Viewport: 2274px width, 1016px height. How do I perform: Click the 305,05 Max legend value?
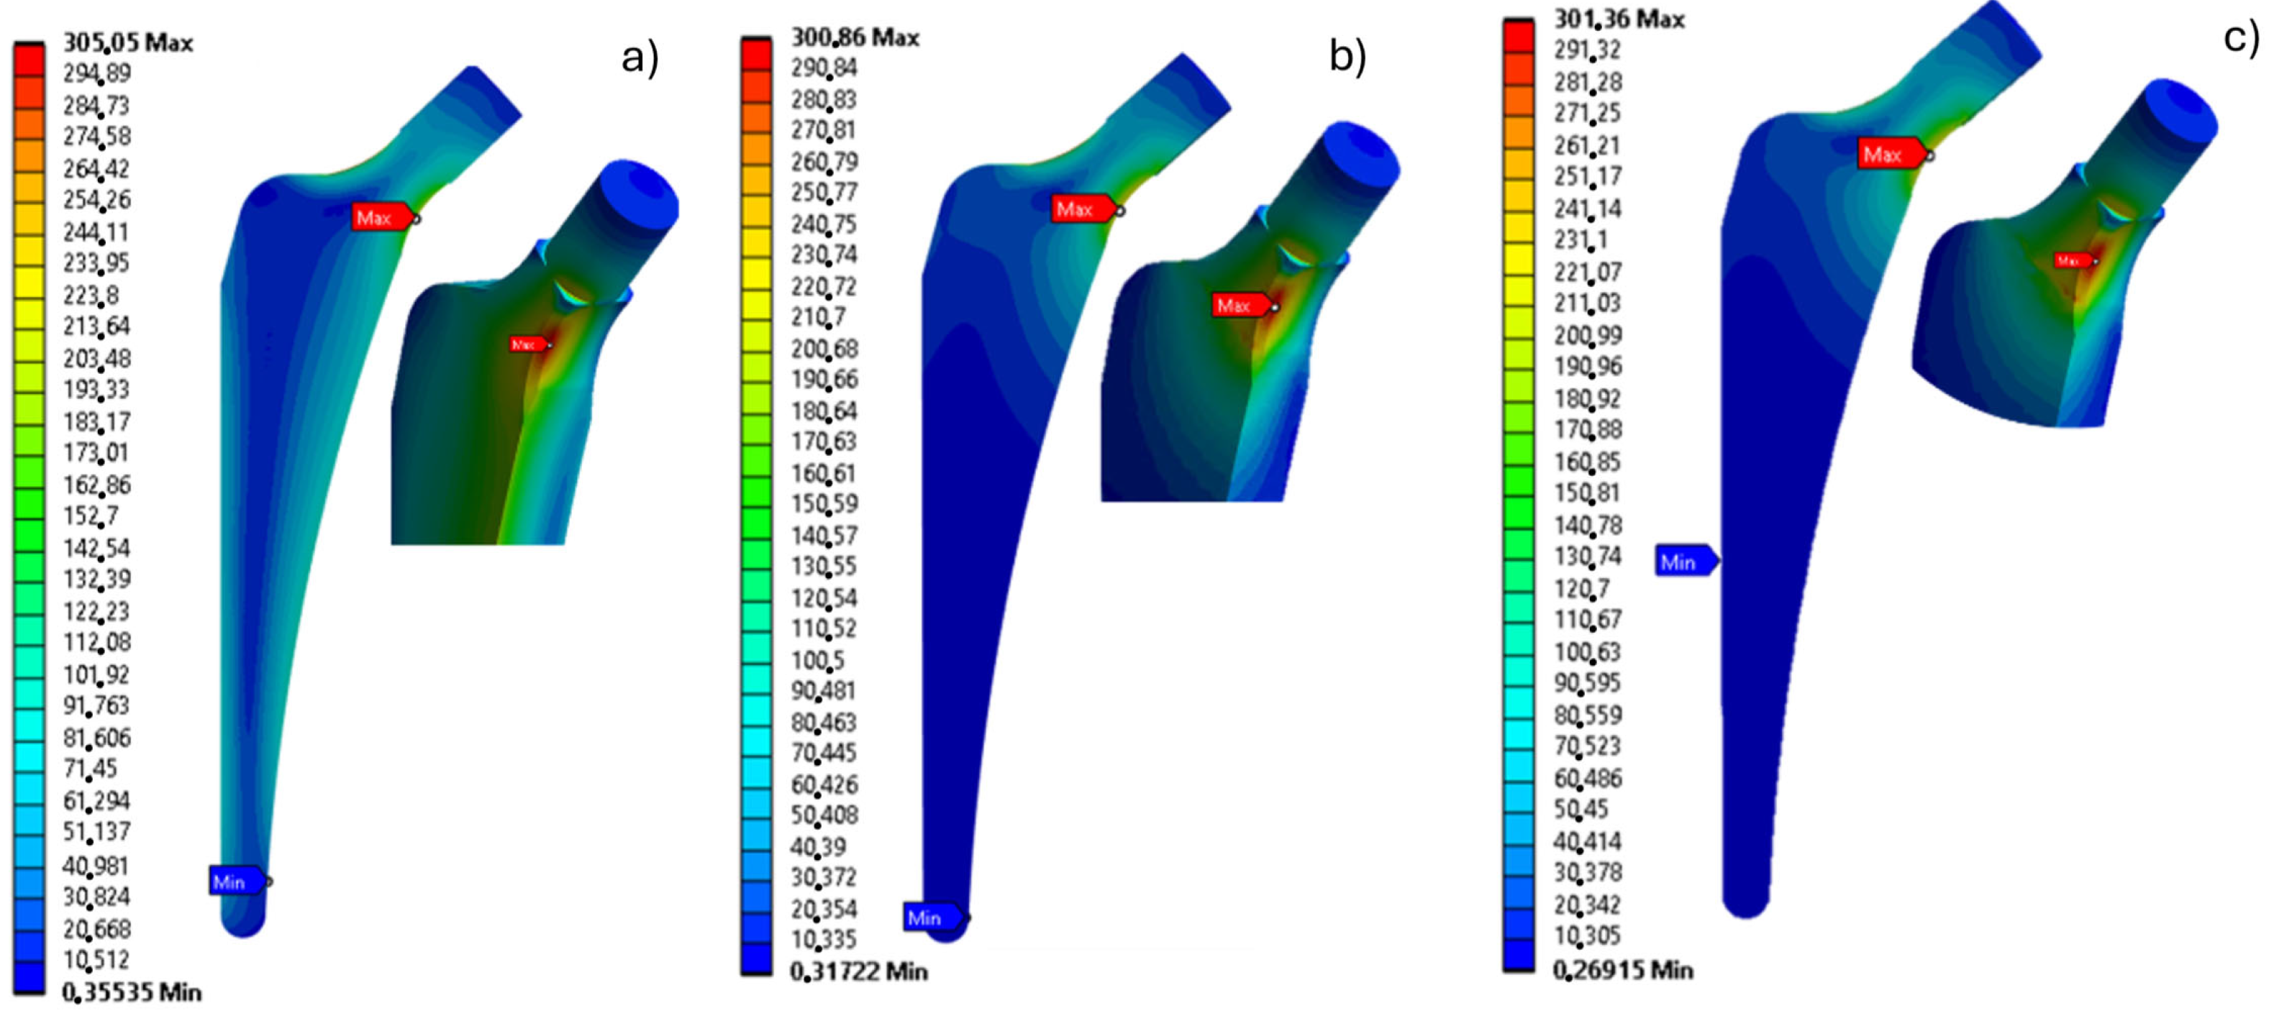pyautogui.click(x=127, y=42)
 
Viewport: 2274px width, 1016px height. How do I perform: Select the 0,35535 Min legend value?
pyautogui.click(x=132, y=992)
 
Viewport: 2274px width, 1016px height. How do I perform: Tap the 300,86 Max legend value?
pyautogui.click(x=855, y=37)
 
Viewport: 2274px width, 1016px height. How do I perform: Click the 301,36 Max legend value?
pyautogui.click(x=1619, y=19)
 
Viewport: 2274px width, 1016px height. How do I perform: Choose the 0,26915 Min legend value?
pyautogui.click(x=1622, y=969)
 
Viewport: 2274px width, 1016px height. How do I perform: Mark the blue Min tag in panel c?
pyautogui.click(x=1683, y=562)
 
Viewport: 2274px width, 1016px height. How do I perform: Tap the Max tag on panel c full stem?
pyautogui.click(x=1888, y=155)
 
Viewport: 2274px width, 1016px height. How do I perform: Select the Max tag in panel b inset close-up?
pyautogui.click(x=1240, y=306)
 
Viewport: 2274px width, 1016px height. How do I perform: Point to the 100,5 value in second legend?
pyautogui.click(x=817, y=659)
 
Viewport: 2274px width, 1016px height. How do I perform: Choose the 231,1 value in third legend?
pyautogui.click(x=1581, y=239)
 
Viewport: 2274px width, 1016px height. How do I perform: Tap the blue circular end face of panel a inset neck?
pyautogui.click(x=642, y=194)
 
